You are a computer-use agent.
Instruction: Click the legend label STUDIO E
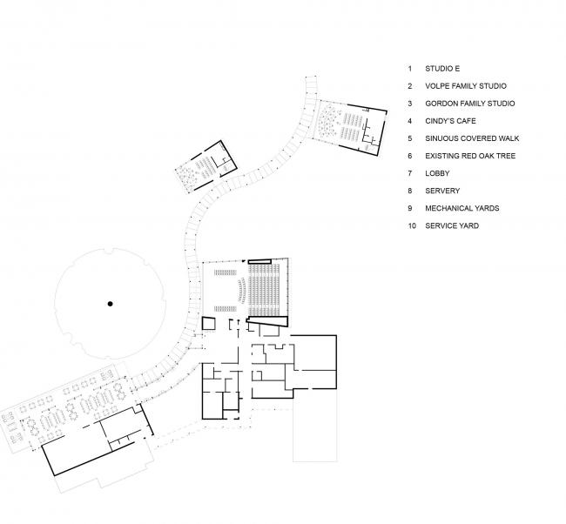coord(439,68)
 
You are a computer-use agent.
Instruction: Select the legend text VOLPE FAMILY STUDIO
coord(466,85)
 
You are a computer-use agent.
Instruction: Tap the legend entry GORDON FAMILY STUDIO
coord(469,103)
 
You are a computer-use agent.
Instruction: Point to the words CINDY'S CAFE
coord(449,121)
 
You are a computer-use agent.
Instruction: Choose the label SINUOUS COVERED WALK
coord(470,138)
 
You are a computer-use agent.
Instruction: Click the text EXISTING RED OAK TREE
coord(470,156)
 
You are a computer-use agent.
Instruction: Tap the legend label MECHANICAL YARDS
coord(462,209)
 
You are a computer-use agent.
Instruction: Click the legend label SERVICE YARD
coord(452,226)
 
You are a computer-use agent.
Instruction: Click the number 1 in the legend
coord(408,68)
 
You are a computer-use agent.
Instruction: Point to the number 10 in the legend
coord(409,226)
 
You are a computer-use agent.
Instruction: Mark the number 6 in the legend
coord(408,156)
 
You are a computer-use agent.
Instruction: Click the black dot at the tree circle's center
coord(110,303)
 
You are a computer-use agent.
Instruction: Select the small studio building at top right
coord(349,127)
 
